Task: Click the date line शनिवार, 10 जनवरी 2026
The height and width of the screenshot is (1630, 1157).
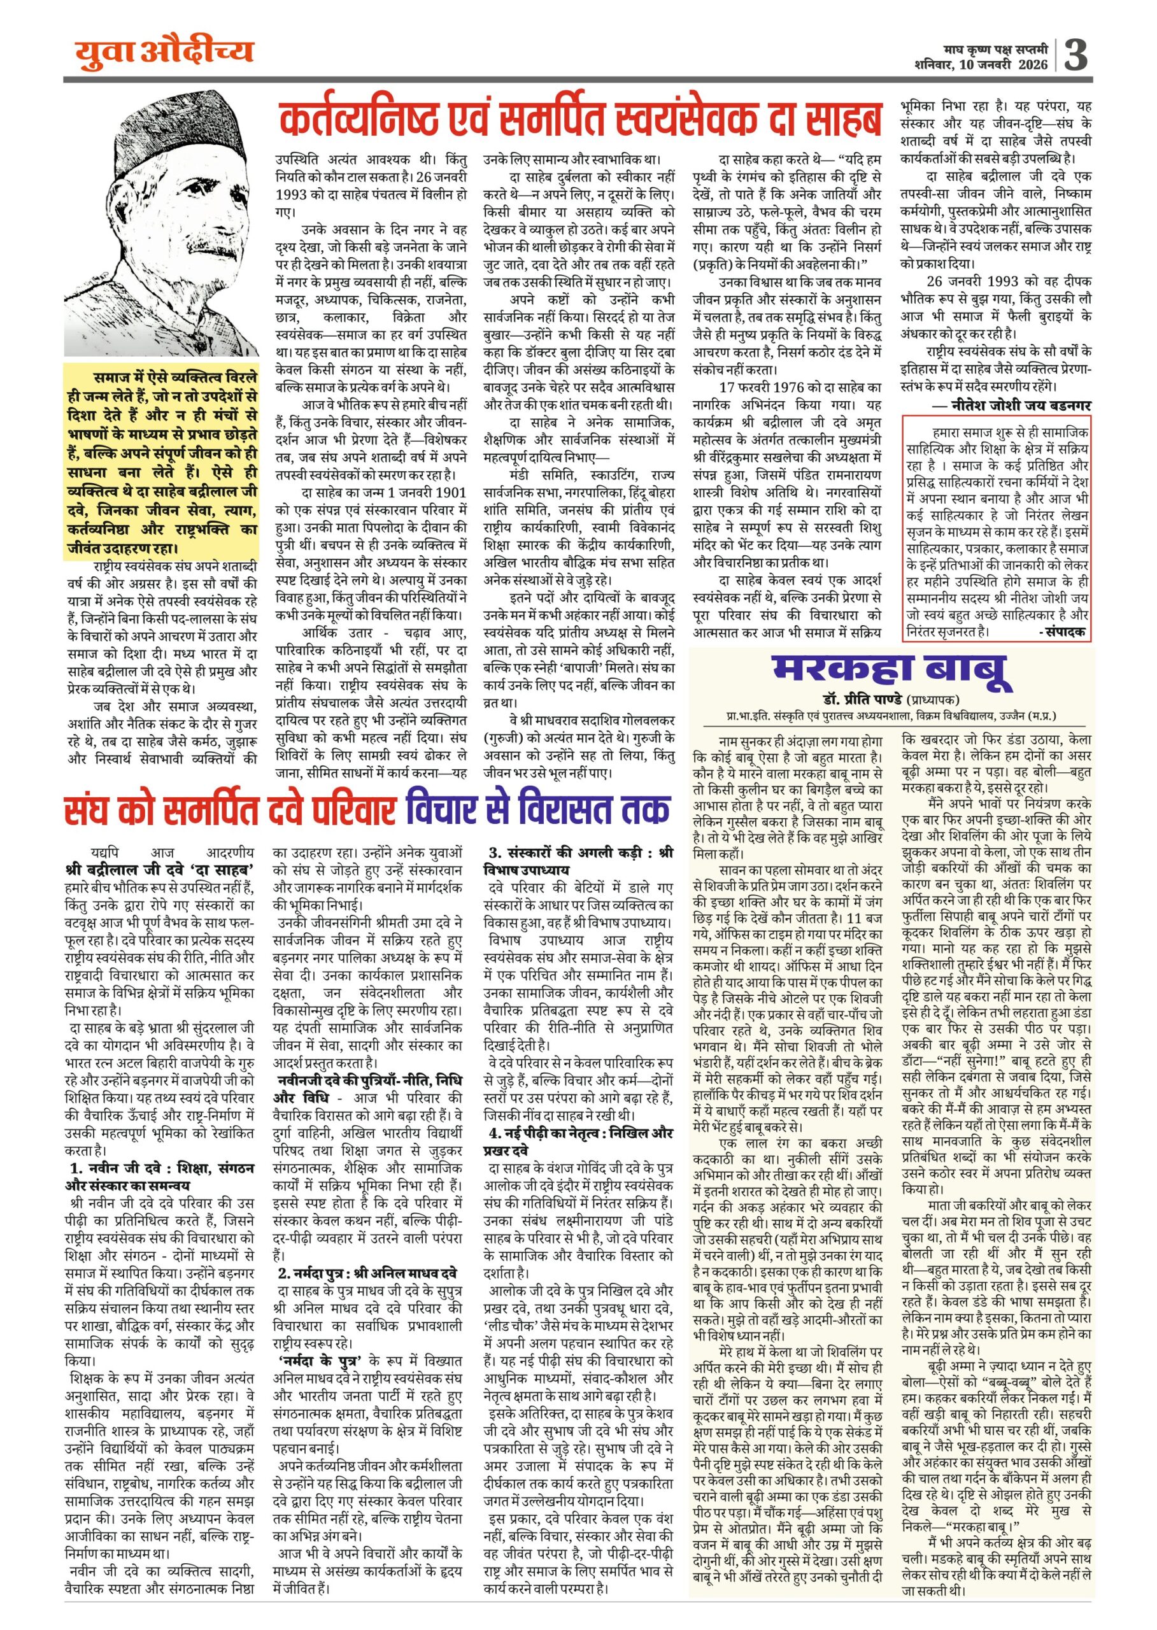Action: (x=981, y=65)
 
